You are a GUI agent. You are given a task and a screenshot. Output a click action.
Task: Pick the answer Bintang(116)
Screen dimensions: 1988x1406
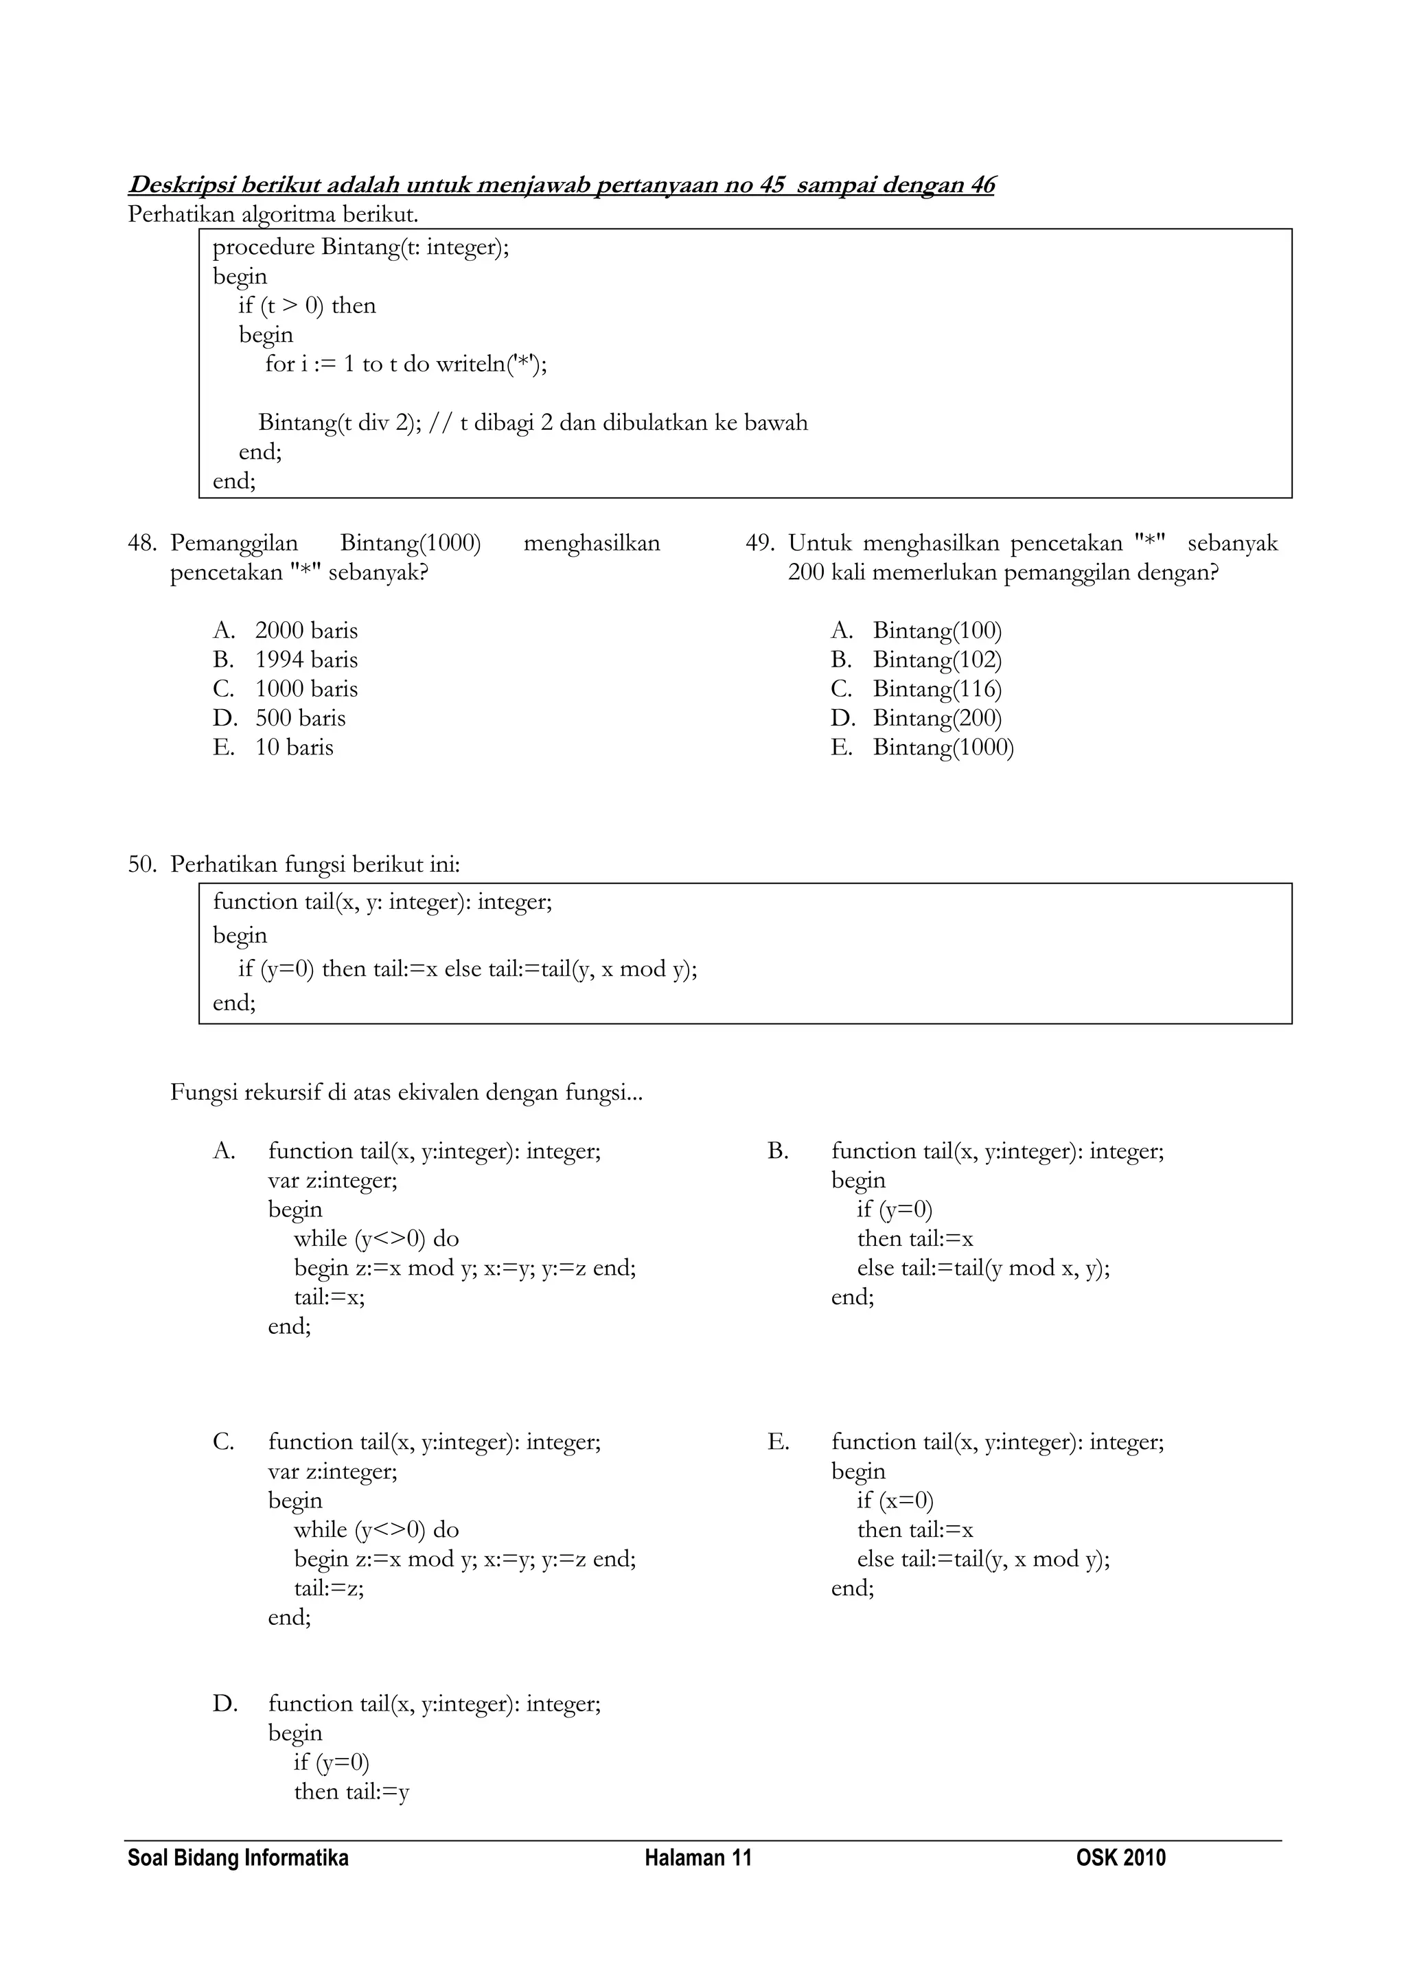(x=936, y=689)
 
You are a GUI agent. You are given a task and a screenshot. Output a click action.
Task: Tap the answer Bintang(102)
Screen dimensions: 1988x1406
(x=936, y=660)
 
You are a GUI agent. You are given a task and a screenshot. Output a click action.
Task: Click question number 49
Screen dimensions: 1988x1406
(x=759, y=544)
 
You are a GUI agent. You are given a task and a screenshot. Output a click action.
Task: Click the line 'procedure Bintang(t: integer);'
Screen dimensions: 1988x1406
(x=361, y=248)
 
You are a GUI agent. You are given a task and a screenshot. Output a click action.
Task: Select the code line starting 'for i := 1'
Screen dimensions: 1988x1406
(x=406, y=364)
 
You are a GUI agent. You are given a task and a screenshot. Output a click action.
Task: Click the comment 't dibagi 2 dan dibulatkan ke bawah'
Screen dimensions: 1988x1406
(x=633, y=423)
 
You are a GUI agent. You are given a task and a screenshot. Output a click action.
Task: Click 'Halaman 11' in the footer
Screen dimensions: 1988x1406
(x=698, y=1858)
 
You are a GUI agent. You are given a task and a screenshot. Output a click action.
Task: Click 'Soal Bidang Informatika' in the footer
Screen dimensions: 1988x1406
(x=238, y=1858)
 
